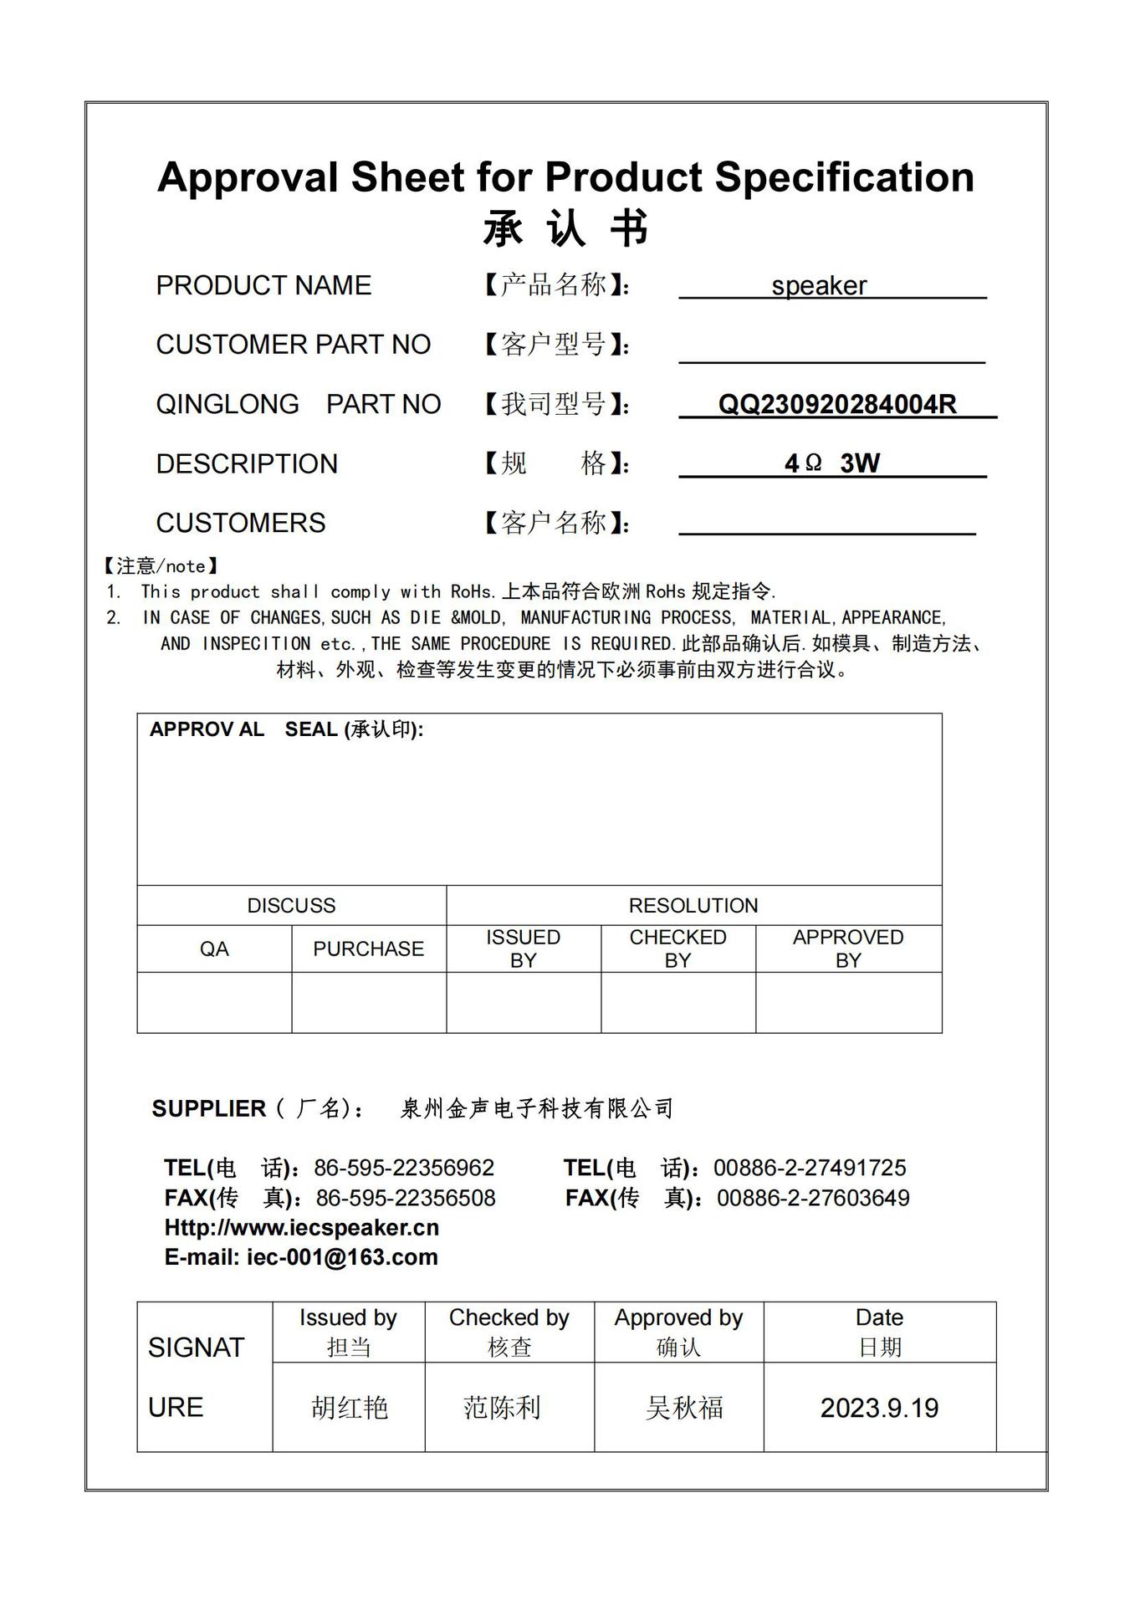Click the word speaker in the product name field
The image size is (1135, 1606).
coord(819,286)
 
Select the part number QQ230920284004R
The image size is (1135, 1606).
coord(836,405)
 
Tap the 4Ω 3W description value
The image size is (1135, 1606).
coord(831,463)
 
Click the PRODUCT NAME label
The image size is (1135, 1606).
coord(263,286)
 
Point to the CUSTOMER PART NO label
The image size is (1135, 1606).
coord(293,345)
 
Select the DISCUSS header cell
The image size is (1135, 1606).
coord(291,906)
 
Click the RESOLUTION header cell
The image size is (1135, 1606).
coord(693,906)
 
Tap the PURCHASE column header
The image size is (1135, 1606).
coord(368,949)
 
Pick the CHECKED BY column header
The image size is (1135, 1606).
coord(677,949)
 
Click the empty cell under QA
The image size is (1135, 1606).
coord(214,1003)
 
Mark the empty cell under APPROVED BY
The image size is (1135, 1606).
coord(848,1003)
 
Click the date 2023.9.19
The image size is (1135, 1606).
coord(879,1409)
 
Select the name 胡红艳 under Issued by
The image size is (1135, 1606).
coord(350,1409)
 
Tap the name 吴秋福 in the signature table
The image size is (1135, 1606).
coord(684,1409)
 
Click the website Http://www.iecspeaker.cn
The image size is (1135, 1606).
coord(301,1228)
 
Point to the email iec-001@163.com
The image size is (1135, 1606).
coord(341,1257)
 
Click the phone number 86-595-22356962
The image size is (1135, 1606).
coord(404,1169)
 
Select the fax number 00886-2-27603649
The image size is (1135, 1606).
coord(813,1199)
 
